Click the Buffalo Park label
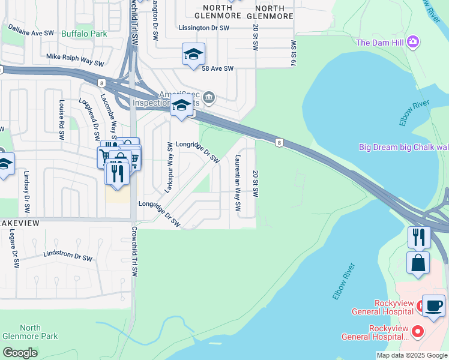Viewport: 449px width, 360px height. (84, 33)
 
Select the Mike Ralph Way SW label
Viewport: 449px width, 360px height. (75, 59)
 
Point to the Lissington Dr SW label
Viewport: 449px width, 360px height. (204, 28)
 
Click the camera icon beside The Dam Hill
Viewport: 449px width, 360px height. (412, 42)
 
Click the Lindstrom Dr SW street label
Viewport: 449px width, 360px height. (68, 257)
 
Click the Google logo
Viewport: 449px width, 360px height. (20, 353)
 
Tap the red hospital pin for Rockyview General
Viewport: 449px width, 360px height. (418, 331)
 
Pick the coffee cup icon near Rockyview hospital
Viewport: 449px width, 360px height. (434, 305)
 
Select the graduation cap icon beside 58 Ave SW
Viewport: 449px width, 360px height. (193, 55)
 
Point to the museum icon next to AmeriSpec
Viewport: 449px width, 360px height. (209, 96)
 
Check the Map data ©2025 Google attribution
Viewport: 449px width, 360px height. (412, 355)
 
